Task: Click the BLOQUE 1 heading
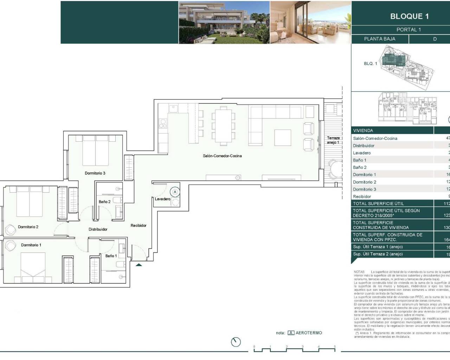[x=409, y=16]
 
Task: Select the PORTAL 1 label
[x=409, y=30]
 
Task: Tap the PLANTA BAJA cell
[x=379, y=39]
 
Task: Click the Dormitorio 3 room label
[x=95, y=173]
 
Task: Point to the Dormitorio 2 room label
[x=28, y=227]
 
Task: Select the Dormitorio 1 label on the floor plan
[x=31, y=245]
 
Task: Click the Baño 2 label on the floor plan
[x=104, y=202]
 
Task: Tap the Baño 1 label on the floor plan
[x=111, y=256]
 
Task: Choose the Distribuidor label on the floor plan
[x=98, y=229]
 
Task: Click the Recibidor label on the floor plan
[x=138, y=225]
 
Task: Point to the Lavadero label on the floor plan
[x=162, y=199]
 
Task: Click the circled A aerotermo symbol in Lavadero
[x=175, y=192]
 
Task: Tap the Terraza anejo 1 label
[x=333, y=140]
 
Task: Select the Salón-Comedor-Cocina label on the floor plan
[x=222, y=156]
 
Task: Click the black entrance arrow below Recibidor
[x=139, y=265]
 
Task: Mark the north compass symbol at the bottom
[x=236, y=342]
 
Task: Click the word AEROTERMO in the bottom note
[x=309, y=333]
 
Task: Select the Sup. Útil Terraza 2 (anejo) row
[x=378, y=254]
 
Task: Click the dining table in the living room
[x=223, y=126]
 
